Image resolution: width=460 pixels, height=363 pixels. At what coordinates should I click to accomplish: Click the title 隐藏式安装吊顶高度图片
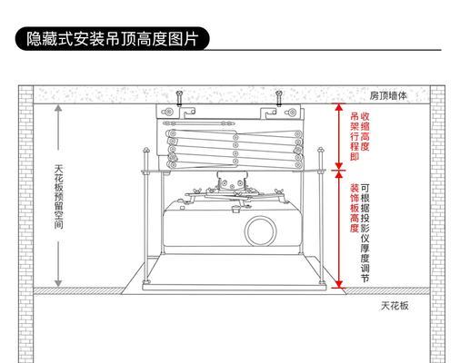point(112,39)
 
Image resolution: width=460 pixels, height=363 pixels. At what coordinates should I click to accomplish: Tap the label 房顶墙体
point(388,96)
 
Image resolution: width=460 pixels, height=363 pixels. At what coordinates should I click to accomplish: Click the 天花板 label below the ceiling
point(395,306)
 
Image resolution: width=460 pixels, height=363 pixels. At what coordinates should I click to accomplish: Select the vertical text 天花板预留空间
point(59,197)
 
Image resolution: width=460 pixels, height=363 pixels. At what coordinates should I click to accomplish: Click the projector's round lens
point(260,231)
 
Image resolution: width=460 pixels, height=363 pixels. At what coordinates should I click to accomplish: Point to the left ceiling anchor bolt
point(179,98)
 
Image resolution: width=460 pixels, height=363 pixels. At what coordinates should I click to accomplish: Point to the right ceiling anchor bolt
point(279,98)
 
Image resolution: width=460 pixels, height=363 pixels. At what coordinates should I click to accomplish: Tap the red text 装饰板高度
point(355,208)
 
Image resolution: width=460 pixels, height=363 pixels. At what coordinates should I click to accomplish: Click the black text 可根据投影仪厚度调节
point(365,233)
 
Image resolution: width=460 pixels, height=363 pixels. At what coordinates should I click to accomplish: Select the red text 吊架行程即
point(355,136)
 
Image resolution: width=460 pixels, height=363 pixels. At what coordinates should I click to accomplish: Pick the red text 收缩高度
point(365,132)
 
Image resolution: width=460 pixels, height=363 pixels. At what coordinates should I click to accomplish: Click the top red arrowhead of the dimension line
point(338,106)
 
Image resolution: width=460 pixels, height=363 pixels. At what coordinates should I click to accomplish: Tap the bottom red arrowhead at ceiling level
point(338,284)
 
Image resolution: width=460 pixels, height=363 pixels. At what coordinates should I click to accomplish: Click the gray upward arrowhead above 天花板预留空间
point(58,108)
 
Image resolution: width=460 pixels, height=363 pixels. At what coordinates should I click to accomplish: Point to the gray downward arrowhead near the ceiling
point(58,283)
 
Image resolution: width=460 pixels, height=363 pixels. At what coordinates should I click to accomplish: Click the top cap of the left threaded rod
point(146,150)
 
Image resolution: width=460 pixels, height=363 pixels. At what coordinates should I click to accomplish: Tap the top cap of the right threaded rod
point(321,150)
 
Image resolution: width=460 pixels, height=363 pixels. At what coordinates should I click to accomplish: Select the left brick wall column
point(25,224)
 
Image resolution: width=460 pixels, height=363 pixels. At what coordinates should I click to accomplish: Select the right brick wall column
point(437,224)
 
